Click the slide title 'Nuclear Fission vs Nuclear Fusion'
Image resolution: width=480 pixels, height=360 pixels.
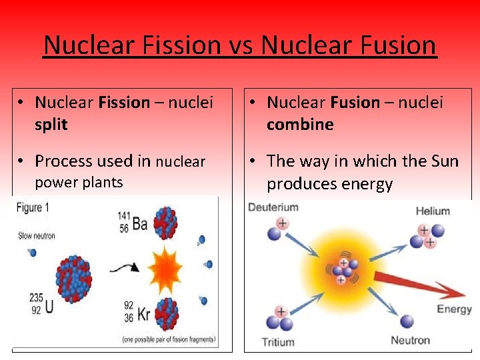(240, 45)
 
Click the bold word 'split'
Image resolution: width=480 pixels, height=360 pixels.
(51, 125)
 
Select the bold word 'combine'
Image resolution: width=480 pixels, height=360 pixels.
(300, 125)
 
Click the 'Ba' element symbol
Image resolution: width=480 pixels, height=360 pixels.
(140, 224)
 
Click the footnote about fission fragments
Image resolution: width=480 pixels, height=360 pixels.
(169, 340)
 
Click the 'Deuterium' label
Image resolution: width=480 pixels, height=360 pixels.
(273, 207)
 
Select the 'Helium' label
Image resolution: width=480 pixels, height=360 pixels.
(433, 211)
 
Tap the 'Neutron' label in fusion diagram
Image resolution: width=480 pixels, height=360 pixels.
(410, 340)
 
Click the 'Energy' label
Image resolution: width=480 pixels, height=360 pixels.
(454, 309)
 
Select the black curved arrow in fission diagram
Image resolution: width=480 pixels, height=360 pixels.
(124, 267)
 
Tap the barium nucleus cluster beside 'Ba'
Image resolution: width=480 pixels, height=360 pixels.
(165, 222)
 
